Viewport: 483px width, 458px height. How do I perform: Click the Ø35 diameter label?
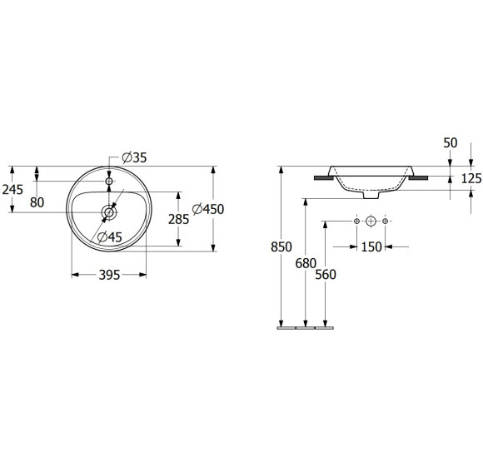click(134, 157)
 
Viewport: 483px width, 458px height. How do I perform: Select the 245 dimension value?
click(12, 190)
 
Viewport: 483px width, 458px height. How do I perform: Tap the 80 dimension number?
click(37, 202)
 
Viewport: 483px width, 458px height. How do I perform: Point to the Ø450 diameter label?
click(208, 210)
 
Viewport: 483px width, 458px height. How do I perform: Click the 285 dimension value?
click(179, 219)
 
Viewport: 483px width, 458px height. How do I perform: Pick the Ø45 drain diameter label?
click(110, 236)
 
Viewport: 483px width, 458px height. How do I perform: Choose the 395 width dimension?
click(109, 275)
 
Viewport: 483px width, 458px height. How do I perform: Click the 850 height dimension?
click(281, 247)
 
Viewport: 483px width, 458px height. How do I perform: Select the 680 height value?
click(306, 264)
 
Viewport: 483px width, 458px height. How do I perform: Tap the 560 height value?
click(326, 275)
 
